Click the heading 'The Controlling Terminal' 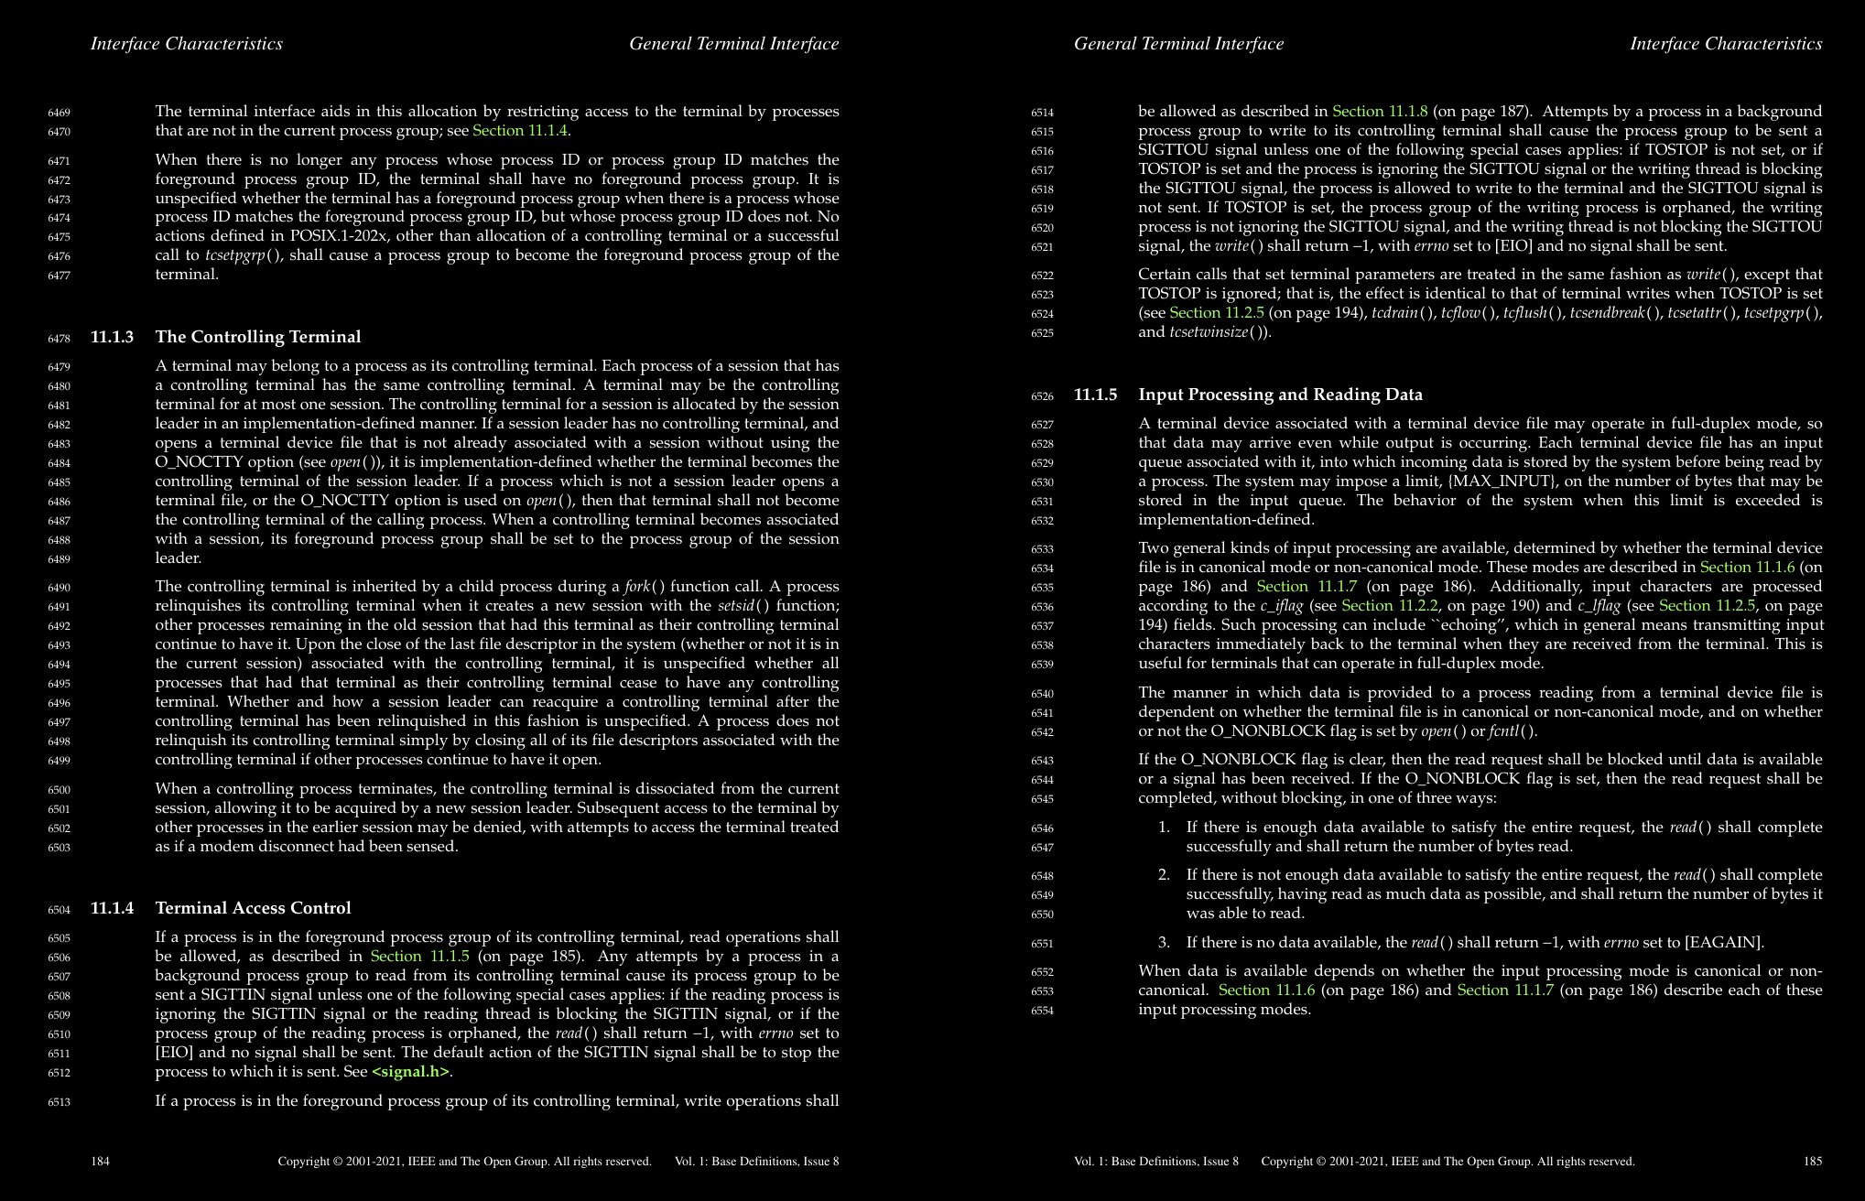click(x=257, y=337)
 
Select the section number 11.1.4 click(x=112, y=908)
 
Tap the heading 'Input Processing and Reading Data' click(x=1280, y=395)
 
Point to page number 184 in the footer click(x=100, y=1162)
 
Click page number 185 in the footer click(x=1812, y=1162)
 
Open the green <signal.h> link click(x=411, y=1072)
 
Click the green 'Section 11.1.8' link click(x=1380, y=112)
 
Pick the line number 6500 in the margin click(x=59, y=790)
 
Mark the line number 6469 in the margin click(x=59, y=113)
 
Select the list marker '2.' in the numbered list click(x=1164, y=875)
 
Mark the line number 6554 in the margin click(x=1042, y=1011)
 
